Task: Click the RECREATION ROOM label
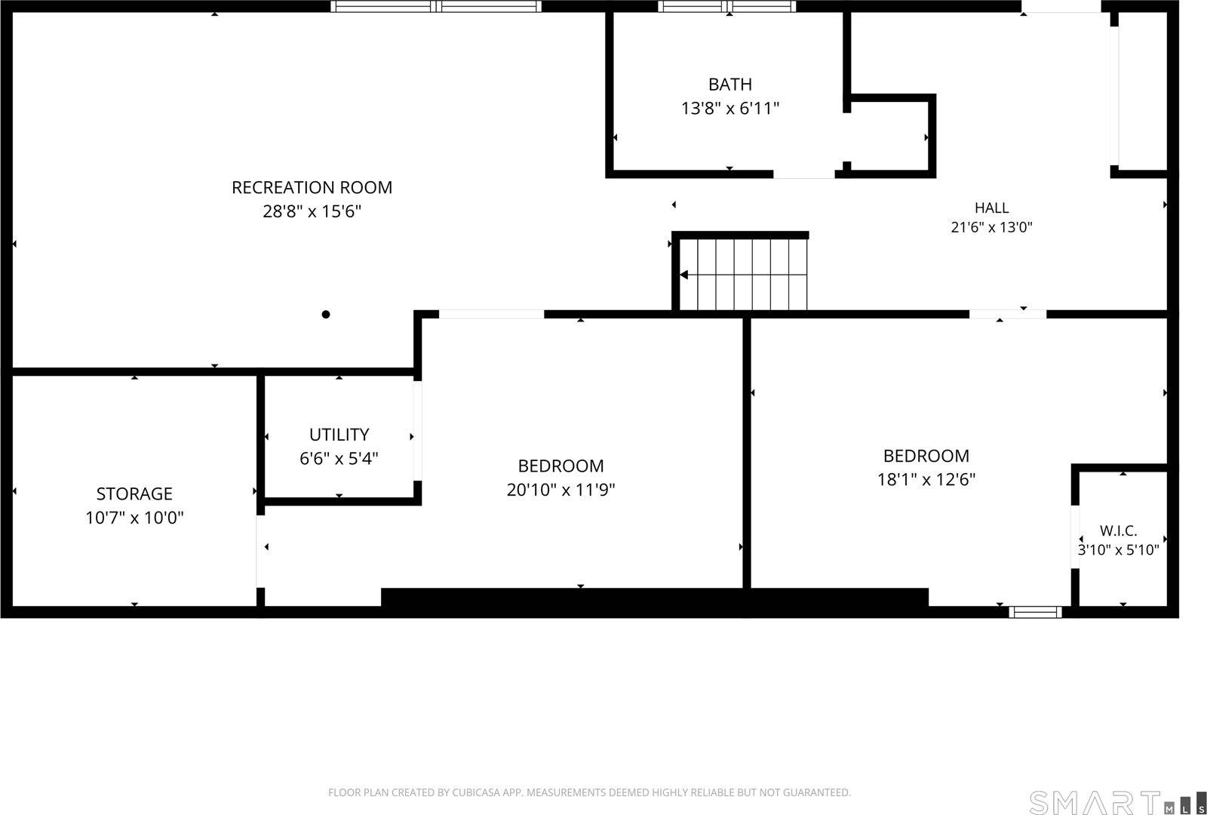click(x=312, y=188)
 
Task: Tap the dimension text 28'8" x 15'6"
click(x=312, y=211)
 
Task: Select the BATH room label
click(x=730, y=85)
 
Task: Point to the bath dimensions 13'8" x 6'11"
click(x=730, y=109)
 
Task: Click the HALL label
click(x=991, y=208)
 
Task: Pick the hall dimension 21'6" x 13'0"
click(x=991, y=227)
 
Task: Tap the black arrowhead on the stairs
click(x=683, y=275)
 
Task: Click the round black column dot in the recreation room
click(x=325, y=314)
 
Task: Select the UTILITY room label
click(x=339, y=435)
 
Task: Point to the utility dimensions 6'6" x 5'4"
click(x=339, y=459)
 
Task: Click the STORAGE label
click(x=134, y=494)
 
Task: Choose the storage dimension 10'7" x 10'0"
click(x=134, y=518)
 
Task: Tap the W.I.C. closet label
click(x=1118, y=531)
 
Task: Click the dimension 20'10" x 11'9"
click(x=561, y=490)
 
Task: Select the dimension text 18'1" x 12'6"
click(x=926, y=480)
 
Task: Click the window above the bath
click(x=727, y=7)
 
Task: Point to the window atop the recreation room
click(x=436, y=7)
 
